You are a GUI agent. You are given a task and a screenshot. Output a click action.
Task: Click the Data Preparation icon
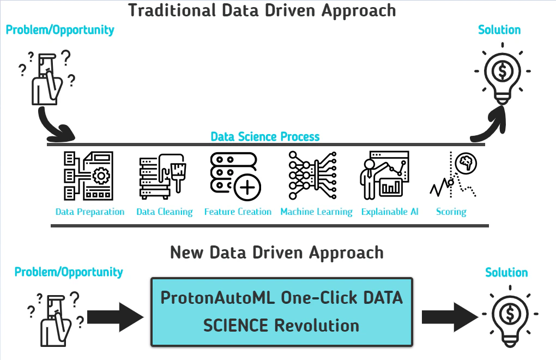click(89, 176)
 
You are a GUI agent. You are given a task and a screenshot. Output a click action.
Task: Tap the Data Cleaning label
click(165, 212)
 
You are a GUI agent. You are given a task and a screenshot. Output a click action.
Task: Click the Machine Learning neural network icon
click(312, 175)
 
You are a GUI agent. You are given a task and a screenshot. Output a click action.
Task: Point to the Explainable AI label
click(390, 212)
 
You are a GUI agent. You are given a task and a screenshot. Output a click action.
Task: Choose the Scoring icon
click(453, 175)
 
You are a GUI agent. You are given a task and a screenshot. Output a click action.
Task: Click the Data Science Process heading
click(265, 136)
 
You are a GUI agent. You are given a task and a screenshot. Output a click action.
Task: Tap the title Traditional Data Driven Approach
click(262, 10)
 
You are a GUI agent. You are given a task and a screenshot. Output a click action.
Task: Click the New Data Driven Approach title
click(277, 253)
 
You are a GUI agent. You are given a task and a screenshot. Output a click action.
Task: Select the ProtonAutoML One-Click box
click(282, 312)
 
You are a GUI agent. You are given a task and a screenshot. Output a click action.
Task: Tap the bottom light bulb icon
click(510, 316)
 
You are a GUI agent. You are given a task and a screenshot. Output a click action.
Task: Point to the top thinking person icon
click(47, 79)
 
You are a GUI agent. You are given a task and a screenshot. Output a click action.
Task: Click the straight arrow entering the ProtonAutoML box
click(116, 317)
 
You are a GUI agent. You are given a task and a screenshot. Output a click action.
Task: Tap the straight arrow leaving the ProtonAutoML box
click(450, 317)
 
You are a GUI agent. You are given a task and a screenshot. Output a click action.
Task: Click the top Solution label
click(499, 30)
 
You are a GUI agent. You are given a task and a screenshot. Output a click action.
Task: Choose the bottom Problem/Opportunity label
click(69, 272)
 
